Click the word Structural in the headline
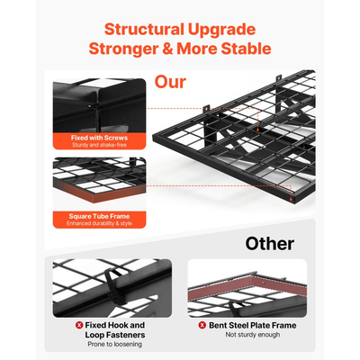(144, 30)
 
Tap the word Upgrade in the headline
(222, 30)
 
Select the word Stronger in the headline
(123, 49)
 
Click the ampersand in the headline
(167, 49)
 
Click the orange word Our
(170, 82)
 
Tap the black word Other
(270, 244)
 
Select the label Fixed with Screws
(99, 138)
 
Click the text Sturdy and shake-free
(99, 145)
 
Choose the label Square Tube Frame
(99, 216)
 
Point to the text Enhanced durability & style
(99, 223)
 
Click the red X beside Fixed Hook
(79, 325)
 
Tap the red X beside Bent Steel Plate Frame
(202, 325)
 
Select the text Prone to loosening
(115, 344)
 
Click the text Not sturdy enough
(253, 335)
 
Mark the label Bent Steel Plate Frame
(253, 325)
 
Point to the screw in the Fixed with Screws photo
(97, 115)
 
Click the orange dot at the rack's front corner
(291, 198)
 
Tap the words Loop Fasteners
(115, 335)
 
